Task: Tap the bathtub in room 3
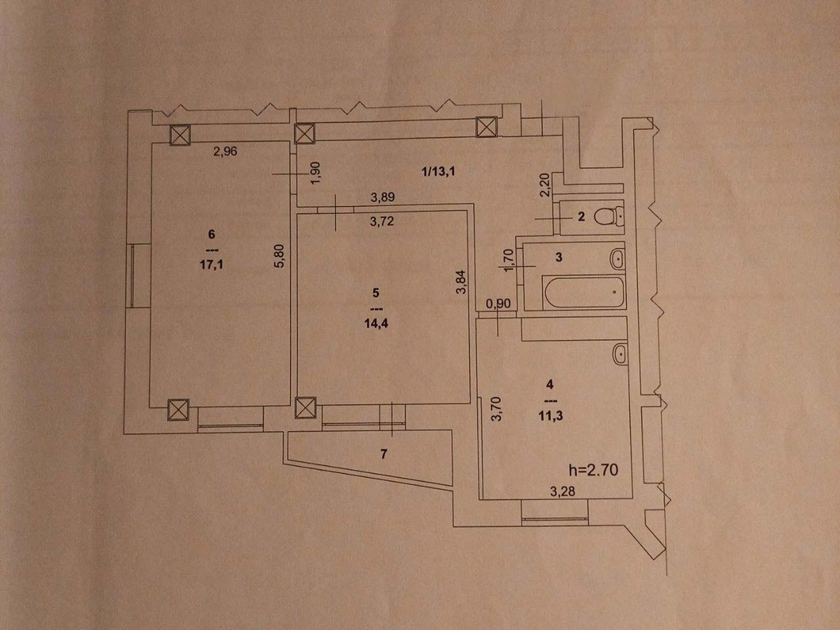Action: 583,292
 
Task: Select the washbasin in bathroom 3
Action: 618,259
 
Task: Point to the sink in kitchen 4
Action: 620,355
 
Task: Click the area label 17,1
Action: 211,264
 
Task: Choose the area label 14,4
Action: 376,323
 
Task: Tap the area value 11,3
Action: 551,415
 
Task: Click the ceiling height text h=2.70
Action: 593,470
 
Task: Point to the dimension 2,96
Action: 225,152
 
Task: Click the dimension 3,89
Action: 383,197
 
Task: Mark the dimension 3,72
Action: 382,221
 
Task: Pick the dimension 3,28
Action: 562,492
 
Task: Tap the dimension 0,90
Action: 499,303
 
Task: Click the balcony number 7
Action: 383,454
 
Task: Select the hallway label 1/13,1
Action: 439,171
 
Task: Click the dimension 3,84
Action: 461,282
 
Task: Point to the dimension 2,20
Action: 545,185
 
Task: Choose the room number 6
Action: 212,234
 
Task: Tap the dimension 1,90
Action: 316,173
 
